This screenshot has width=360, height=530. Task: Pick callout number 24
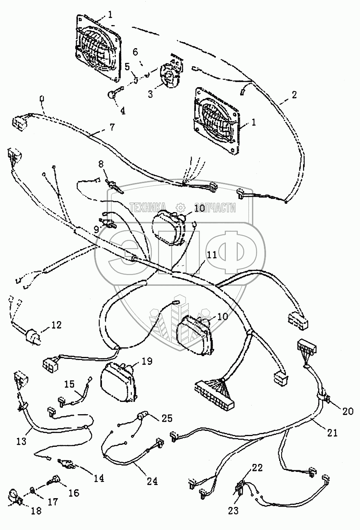point(152,481)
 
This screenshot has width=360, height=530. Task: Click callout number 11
point(211,255)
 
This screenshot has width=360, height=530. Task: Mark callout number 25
point(167,419)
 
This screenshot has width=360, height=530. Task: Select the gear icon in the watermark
point(180,207)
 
